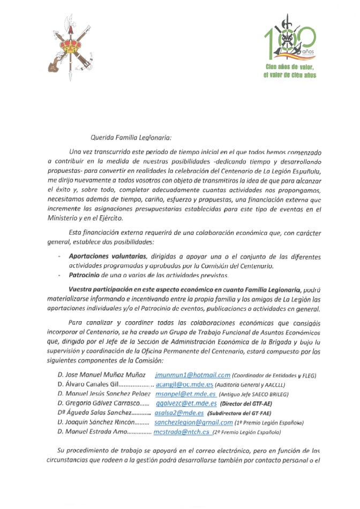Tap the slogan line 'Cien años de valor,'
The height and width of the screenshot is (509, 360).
coord(290,66)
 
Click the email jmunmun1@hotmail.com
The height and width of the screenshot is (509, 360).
coord(192,375)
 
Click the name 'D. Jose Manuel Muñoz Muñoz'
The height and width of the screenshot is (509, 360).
coord(102,375)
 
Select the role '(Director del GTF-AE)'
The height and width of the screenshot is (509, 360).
coord(249,404)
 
